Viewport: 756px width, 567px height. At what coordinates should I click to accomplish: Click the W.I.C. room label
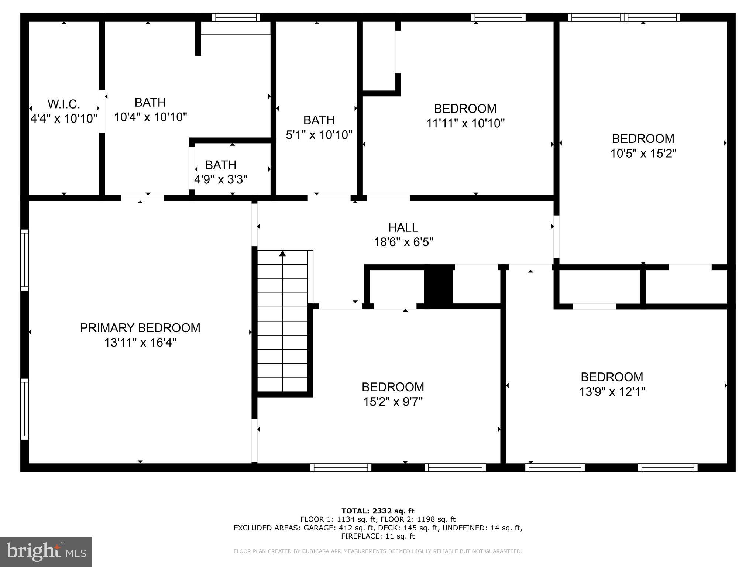63,104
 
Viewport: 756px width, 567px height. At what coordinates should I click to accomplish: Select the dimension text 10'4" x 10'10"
150,117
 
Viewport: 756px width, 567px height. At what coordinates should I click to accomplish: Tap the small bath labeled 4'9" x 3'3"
221,172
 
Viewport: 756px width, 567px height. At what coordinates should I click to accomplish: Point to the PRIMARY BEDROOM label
140,328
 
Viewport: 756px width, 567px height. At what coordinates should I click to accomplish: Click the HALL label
403,227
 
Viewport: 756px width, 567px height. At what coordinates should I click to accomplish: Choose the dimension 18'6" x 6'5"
403,242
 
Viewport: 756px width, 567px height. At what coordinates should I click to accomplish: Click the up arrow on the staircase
282,254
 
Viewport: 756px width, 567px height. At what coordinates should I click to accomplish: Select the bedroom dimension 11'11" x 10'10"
465,123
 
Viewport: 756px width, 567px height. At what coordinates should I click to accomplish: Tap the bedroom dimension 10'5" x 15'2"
643,153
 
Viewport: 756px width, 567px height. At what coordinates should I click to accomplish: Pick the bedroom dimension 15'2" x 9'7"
393,402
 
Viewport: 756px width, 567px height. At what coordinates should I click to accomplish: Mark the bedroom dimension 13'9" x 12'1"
612,392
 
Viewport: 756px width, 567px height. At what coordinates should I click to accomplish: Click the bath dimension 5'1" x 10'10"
319,135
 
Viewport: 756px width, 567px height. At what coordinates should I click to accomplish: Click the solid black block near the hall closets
439,284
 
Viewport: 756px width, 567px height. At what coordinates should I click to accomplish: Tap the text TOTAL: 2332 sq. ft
378,511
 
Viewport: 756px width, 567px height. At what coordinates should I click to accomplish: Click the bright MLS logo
46,552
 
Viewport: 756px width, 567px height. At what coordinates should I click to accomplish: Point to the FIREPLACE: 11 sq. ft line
378,536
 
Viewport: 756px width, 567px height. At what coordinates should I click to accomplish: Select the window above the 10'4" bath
236,17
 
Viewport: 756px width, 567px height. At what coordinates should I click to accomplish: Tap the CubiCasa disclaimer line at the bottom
378,551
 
